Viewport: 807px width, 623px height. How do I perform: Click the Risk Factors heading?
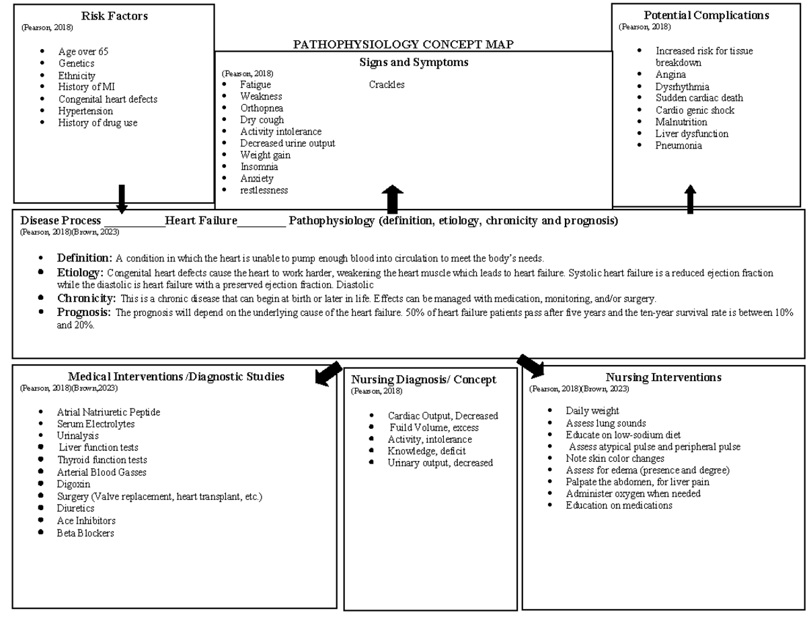114,15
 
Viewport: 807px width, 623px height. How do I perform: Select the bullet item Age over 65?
83,52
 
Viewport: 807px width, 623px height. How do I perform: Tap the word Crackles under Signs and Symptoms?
387,85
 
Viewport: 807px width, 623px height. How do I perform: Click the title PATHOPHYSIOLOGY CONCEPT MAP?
403,45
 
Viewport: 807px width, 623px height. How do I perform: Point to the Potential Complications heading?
706,15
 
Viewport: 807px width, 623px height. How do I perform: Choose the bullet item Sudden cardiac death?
699,98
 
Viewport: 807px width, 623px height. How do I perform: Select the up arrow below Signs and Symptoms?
392,200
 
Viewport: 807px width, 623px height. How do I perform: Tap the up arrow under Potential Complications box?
690,200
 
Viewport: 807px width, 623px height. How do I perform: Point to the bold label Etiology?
80,272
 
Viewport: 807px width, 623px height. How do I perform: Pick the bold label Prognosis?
83,312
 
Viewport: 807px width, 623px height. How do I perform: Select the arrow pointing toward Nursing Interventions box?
531,366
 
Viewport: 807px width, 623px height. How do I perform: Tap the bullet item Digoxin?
73,484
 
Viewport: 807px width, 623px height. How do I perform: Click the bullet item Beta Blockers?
85,533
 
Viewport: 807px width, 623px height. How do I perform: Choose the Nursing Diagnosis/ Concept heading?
424,380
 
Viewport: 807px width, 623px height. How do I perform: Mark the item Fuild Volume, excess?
434,427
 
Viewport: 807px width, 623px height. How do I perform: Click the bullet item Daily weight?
592,411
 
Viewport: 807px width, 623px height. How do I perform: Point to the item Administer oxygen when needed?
633,493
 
